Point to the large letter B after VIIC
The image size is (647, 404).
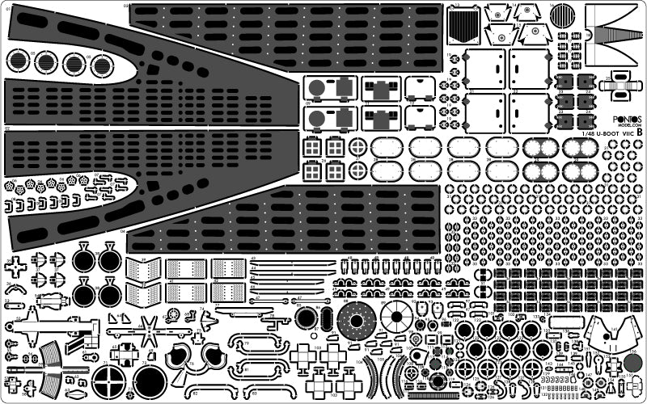[x=640, y=132]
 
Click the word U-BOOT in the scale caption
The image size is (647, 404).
[x=604, y=133]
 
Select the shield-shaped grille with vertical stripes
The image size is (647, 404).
[x=463, y=24]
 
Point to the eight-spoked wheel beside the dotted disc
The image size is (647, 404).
[x=396, y=316]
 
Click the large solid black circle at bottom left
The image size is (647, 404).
[x=150, y=381]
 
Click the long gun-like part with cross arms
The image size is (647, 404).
[x=49, y=328]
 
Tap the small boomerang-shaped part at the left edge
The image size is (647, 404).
[x=15, y=288]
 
